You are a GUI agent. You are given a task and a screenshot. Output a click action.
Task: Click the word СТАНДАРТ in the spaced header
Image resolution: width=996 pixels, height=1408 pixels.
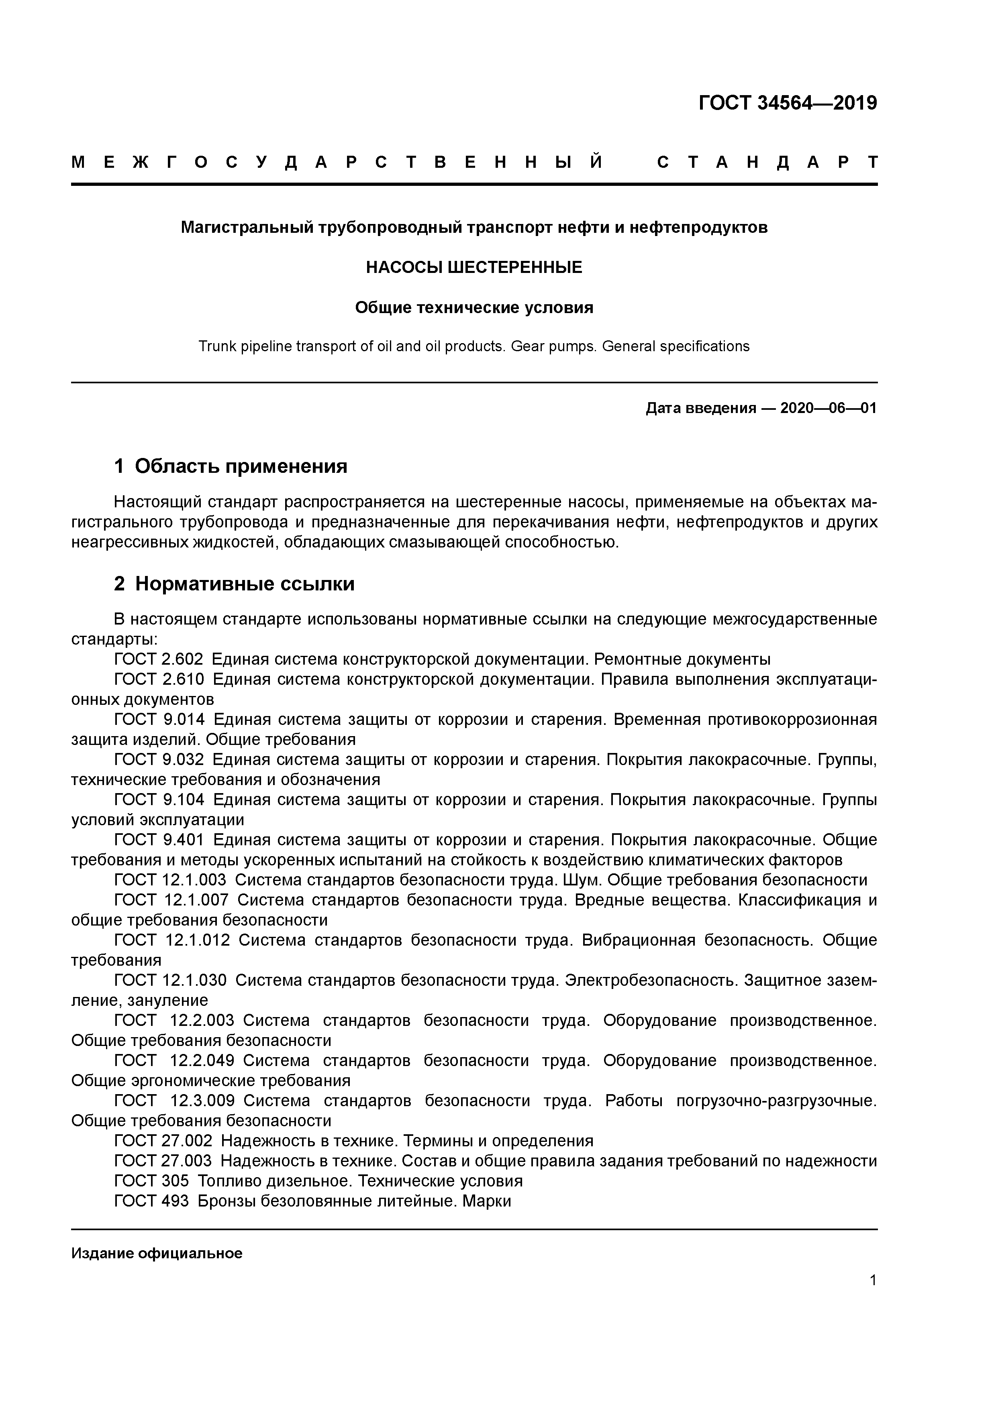767,163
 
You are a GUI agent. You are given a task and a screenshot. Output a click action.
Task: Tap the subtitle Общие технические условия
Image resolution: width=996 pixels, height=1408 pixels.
474,307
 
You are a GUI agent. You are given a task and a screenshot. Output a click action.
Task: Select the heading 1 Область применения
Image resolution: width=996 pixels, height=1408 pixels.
231,467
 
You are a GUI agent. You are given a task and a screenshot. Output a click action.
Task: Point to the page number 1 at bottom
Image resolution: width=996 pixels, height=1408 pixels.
873,1280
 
